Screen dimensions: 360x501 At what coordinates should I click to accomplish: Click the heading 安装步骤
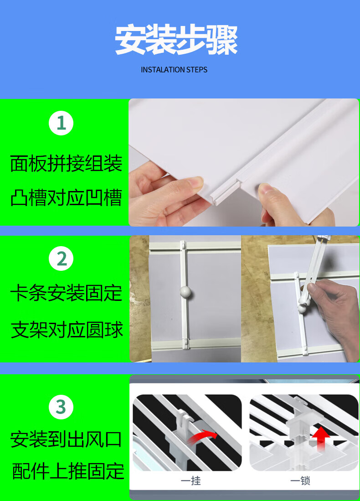pos(176,40)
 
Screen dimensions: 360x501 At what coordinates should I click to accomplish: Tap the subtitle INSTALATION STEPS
pos(174,70)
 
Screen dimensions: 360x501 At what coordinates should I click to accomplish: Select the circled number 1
pos(61,123)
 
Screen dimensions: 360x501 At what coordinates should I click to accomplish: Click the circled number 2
pos(61,258)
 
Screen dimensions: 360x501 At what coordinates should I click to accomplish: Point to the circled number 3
pos(61,407)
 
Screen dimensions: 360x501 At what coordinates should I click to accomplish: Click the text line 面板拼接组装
pos(66,163)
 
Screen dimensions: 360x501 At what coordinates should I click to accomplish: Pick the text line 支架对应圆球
pos(67,330)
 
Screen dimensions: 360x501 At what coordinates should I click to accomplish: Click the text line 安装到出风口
pos(66,439)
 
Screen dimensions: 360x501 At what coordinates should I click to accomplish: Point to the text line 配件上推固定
pos(68,471)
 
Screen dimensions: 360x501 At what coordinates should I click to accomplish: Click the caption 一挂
pos(190,480)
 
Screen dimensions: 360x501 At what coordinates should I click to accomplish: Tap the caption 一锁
pos(300,480)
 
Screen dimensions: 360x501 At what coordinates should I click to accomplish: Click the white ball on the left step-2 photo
pos(185,292)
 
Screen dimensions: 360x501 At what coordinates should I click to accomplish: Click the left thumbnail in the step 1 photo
pos(195,182)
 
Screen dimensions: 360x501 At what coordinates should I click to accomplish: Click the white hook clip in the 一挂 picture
pos(183,422)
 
